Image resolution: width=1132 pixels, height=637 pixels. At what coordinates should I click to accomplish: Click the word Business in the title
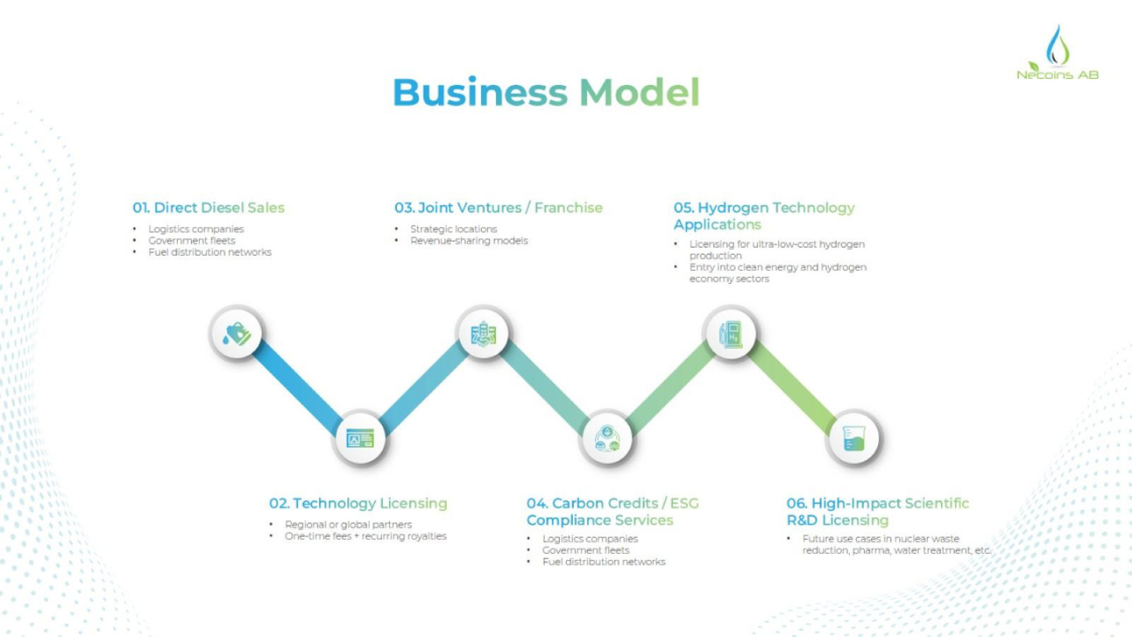479,93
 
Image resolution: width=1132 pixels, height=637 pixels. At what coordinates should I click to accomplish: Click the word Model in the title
639,93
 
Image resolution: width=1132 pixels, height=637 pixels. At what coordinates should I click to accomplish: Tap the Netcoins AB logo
1057,54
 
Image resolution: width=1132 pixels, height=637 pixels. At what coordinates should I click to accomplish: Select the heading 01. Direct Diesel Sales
209,208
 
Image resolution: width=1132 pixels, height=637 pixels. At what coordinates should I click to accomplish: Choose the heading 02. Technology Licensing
358,503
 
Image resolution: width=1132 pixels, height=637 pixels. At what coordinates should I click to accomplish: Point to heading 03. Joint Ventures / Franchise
498,208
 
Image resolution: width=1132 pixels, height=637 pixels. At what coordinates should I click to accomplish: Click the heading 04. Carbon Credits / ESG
612,503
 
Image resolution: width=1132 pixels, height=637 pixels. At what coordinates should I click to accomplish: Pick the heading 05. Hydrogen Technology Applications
764,216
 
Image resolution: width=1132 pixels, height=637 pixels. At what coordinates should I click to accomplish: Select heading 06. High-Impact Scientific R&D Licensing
877,511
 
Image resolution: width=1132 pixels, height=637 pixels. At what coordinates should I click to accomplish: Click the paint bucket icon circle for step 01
237,334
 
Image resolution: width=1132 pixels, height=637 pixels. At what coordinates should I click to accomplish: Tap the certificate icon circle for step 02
360,437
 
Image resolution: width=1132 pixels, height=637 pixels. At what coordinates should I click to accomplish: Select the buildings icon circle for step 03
483,334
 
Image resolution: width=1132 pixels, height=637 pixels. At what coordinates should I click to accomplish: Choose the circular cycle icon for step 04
607,437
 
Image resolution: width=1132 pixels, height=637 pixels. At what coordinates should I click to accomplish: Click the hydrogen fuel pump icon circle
730,334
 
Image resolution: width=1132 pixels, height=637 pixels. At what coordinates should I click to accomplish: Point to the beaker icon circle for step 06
853,437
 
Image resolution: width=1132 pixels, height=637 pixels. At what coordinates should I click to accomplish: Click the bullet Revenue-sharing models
469,241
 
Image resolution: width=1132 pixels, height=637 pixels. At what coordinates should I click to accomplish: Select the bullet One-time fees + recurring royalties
365,536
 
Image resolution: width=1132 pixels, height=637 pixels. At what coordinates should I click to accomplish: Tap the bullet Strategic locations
453,229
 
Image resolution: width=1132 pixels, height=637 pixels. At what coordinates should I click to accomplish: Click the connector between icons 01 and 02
298,386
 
